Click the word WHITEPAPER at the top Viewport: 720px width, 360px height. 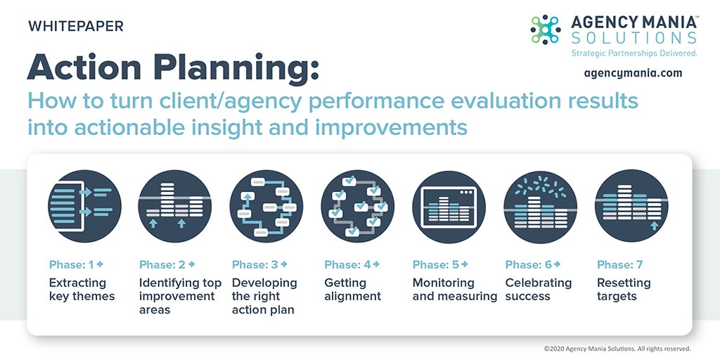75,27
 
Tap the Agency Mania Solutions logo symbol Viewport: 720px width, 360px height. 545,30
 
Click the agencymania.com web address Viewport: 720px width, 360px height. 633,72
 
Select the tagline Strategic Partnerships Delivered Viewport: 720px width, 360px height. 634,53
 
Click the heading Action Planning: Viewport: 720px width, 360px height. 173,67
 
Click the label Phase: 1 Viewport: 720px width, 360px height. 71,265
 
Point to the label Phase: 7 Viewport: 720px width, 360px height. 619,265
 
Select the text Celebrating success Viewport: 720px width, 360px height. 538,290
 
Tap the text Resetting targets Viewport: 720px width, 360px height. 624,290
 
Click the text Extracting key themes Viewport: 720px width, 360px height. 82,290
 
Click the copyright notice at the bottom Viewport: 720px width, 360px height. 617,348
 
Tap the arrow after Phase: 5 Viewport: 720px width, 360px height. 465,264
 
